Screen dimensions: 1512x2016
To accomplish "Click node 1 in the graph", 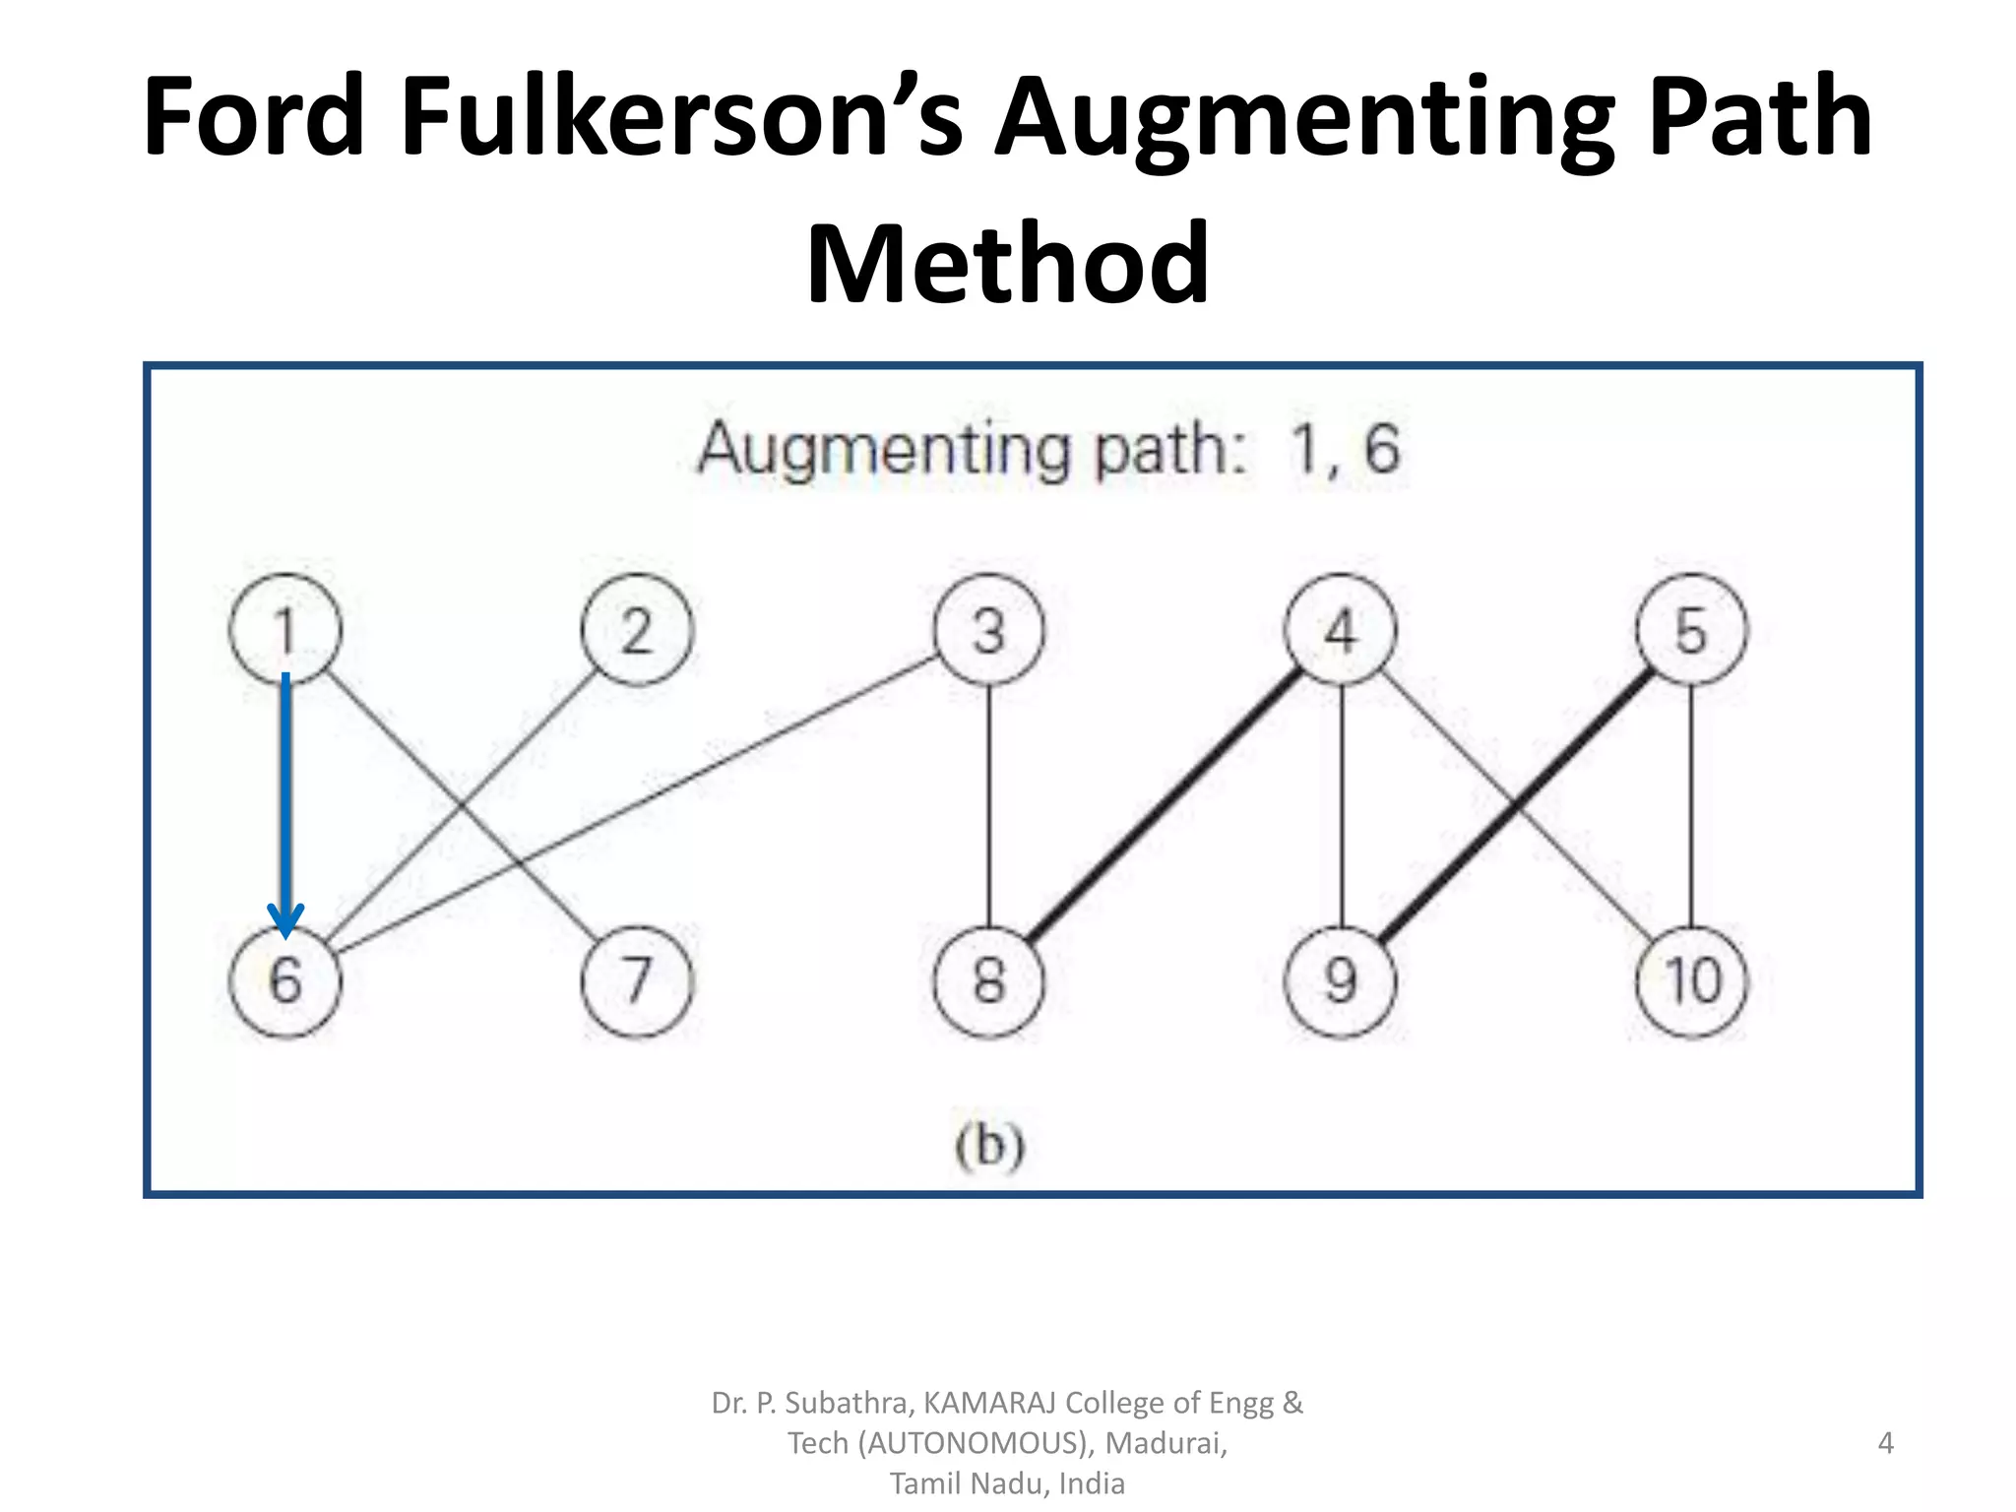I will (x=285, y=630).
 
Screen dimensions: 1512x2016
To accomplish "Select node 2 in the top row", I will (x=637, y=630).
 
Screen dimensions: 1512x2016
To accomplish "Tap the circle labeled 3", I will (x=988, y=630).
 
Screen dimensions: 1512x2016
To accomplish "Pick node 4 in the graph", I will (x=1340, y=630).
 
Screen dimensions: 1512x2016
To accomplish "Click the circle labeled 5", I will (x=1691, y=630).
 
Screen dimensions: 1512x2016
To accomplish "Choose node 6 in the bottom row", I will (x=285, y=981).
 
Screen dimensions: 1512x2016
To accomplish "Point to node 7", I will (x=637, y=981).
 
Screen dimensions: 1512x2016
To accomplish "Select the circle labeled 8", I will (x=988, y=981).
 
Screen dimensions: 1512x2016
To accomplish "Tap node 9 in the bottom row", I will (x=1340, y=981).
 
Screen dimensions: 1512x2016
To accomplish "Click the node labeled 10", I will (x=1691, y=981).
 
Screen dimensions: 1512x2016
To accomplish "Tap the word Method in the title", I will (x=1007, y=264).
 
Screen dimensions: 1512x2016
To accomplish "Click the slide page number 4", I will (x=1885, y=1443).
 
